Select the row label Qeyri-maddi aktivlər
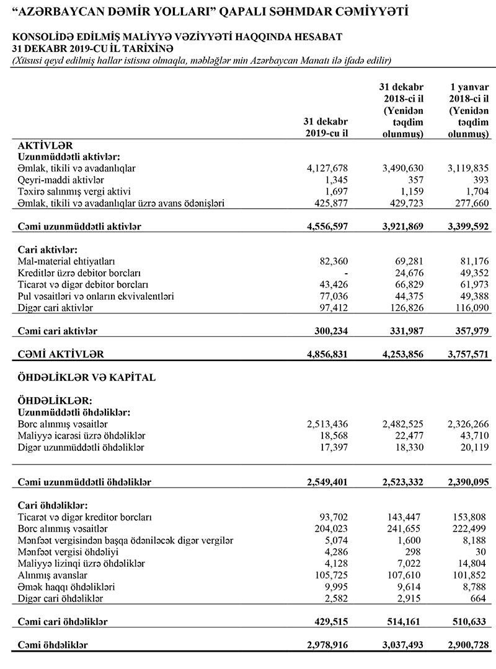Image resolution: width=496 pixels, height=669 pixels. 55,180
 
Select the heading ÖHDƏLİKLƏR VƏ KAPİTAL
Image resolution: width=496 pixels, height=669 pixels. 77,377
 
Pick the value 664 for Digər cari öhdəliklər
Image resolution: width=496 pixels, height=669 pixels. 480,599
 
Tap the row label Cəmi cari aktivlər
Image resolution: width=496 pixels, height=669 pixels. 58,331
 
